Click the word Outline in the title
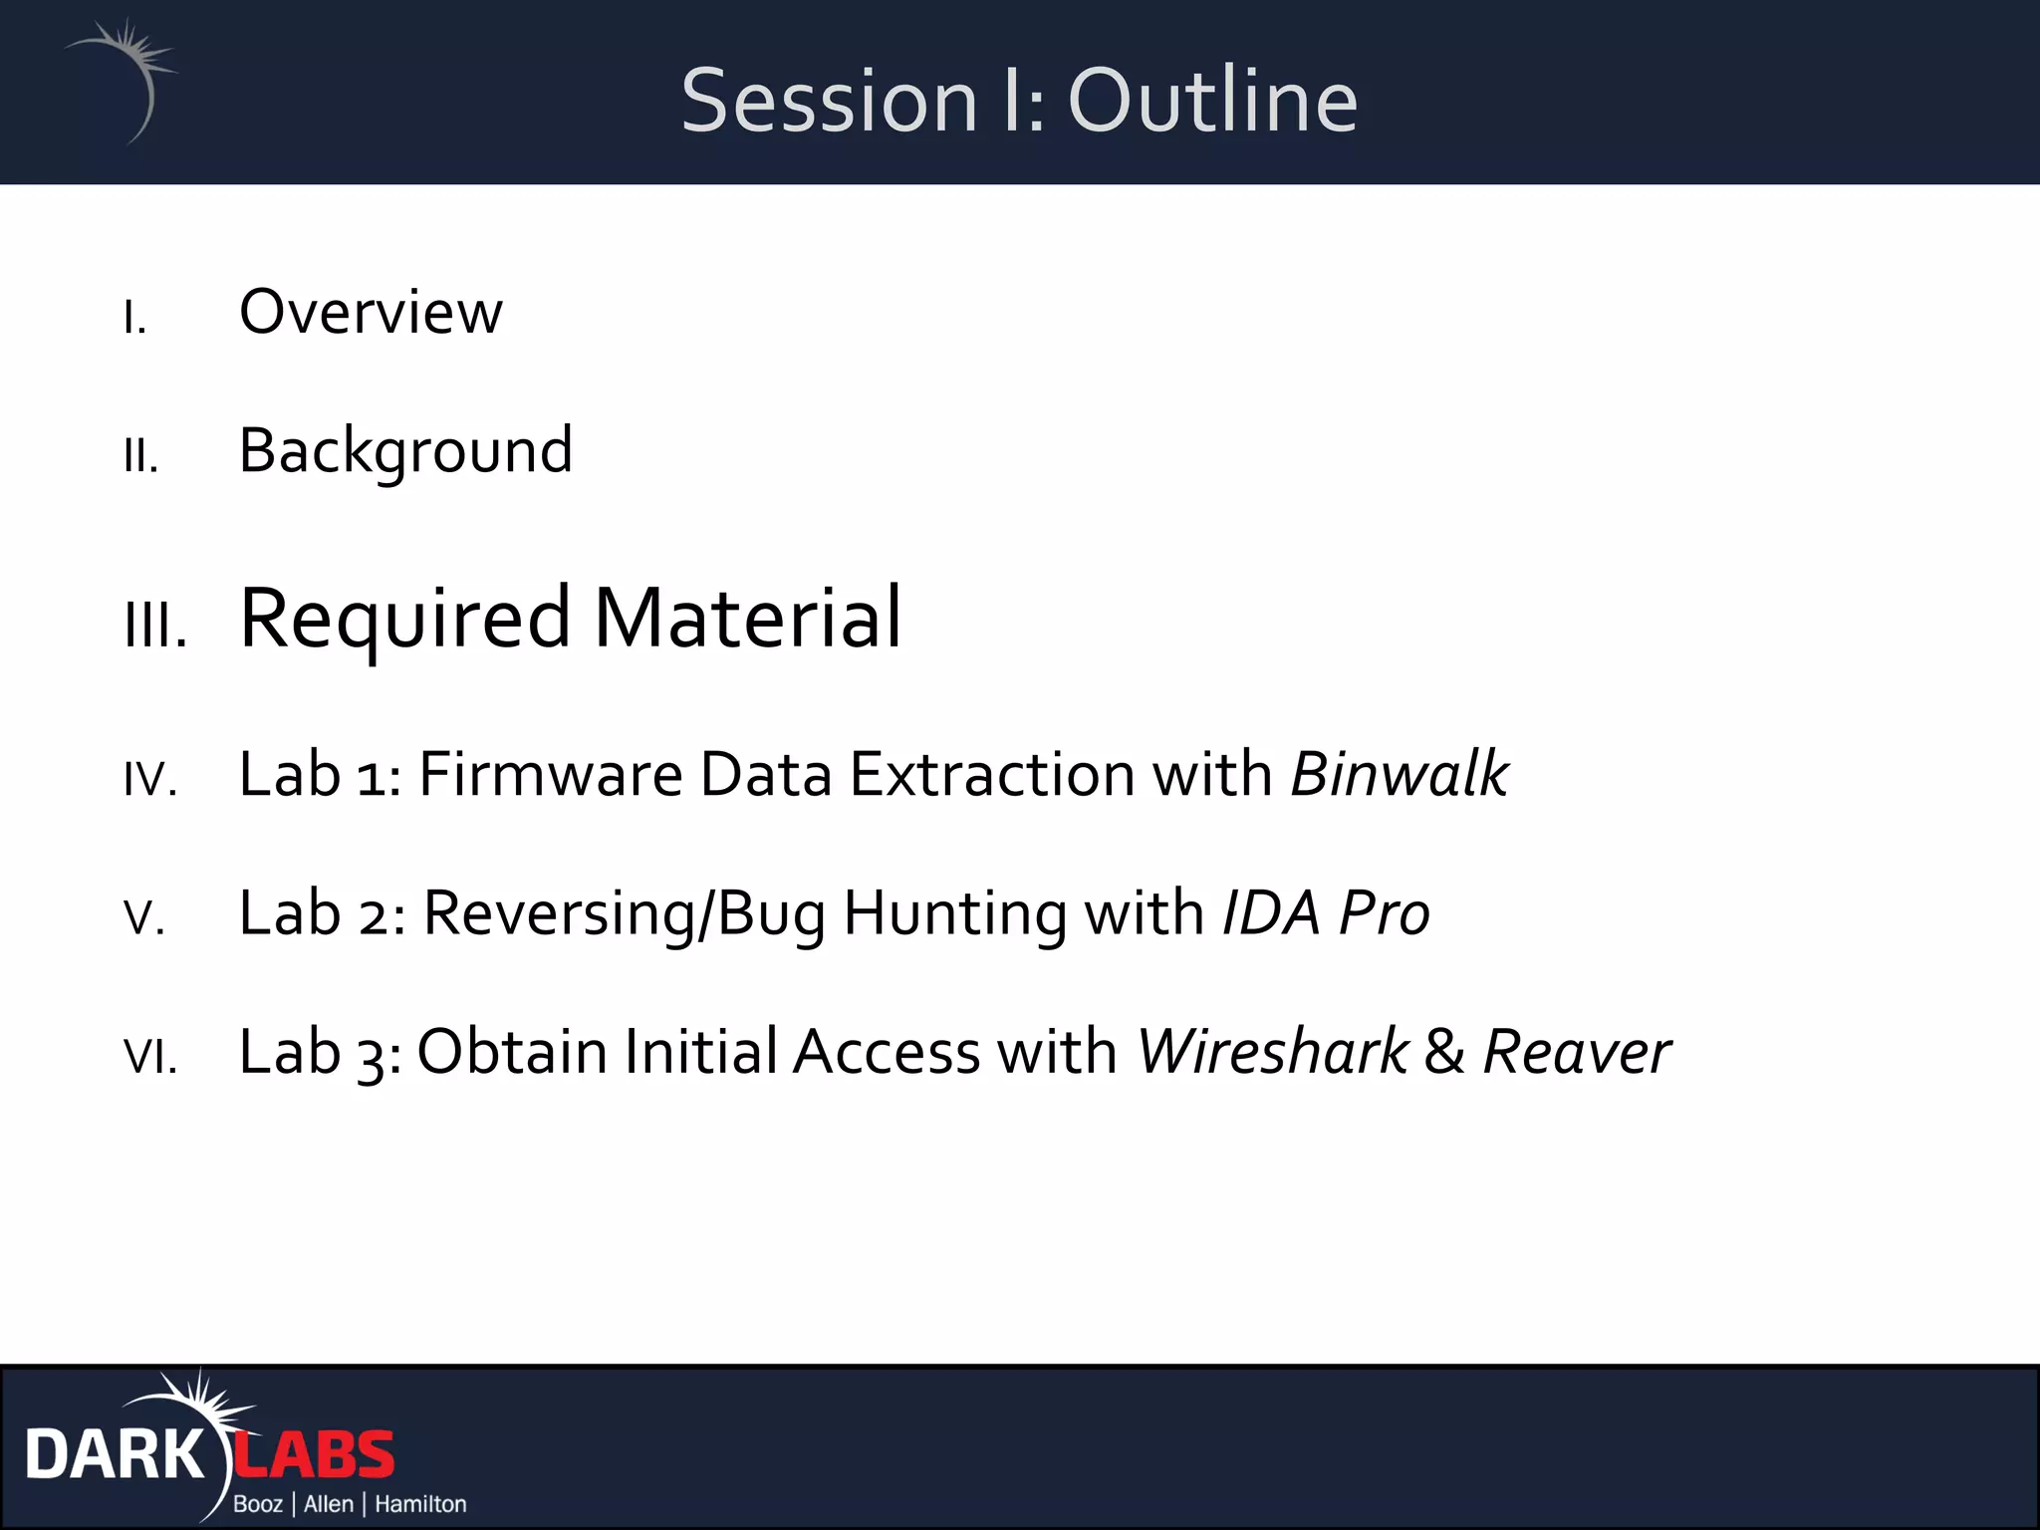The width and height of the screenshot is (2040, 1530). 1212,101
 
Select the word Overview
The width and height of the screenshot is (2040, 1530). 371,313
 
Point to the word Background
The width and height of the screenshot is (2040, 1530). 405,451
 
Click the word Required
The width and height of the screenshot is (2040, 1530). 404,620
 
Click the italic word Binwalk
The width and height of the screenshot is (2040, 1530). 1399,774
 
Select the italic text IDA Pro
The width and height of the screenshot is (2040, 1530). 1325,912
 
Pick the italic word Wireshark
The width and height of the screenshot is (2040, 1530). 1272,1052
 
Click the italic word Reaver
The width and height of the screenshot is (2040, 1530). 1576,1052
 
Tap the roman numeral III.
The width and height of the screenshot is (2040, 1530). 155,628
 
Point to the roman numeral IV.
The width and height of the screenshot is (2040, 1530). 150,780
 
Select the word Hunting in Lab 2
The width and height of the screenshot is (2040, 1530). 954,912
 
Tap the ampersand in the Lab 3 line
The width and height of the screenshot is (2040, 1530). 1443,1052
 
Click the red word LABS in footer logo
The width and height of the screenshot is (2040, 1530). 316,1455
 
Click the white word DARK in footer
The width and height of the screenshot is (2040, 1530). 114,1455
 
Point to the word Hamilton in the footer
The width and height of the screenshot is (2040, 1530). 420,1504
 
